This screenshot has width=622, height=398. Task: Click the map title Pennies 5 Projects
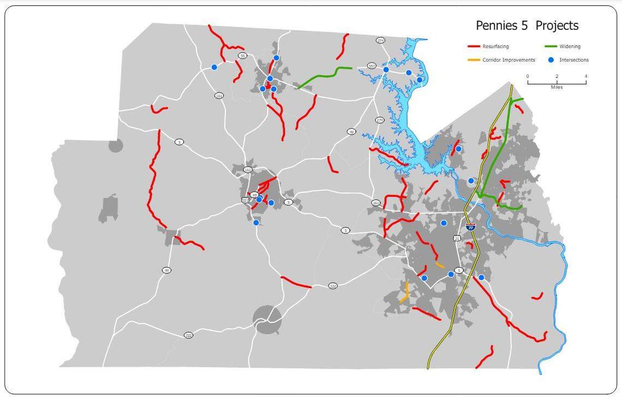pos(527,26)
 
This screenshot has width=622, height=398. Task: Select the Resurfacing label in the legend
pos(495,47)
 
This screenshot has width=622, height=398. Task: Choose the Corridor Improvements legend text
pos(509,60)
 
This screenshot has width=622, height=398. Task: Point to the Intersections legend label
pos(574,60)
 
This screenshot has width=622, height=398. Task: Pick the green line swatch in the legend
pos(551,47)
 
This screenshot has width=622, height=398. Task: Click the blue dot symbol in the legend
pos(551,60)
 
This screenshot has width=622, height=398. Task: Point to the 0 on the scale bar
pos(528,76)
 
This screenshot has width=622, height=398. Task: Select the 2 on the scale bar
pos(557,76)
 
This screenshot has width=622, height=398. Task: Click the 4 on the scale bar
pos(586,76)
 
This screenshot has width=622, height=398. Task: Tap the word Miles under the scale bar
pos(557,87)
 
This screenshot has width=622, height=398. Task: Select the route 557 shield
pos(372,66)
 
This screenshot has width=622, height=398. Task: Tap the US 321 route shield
pos(246,200)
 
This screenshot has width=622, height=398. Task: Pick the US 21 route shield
pos(457,238)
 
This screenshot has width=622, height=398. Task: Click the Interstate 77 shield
pos(470,227)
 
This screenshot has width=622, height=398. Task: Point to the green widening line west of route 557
pos(322,75)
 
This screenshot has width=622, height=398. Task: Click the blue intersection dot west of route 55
pos(214,67)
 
